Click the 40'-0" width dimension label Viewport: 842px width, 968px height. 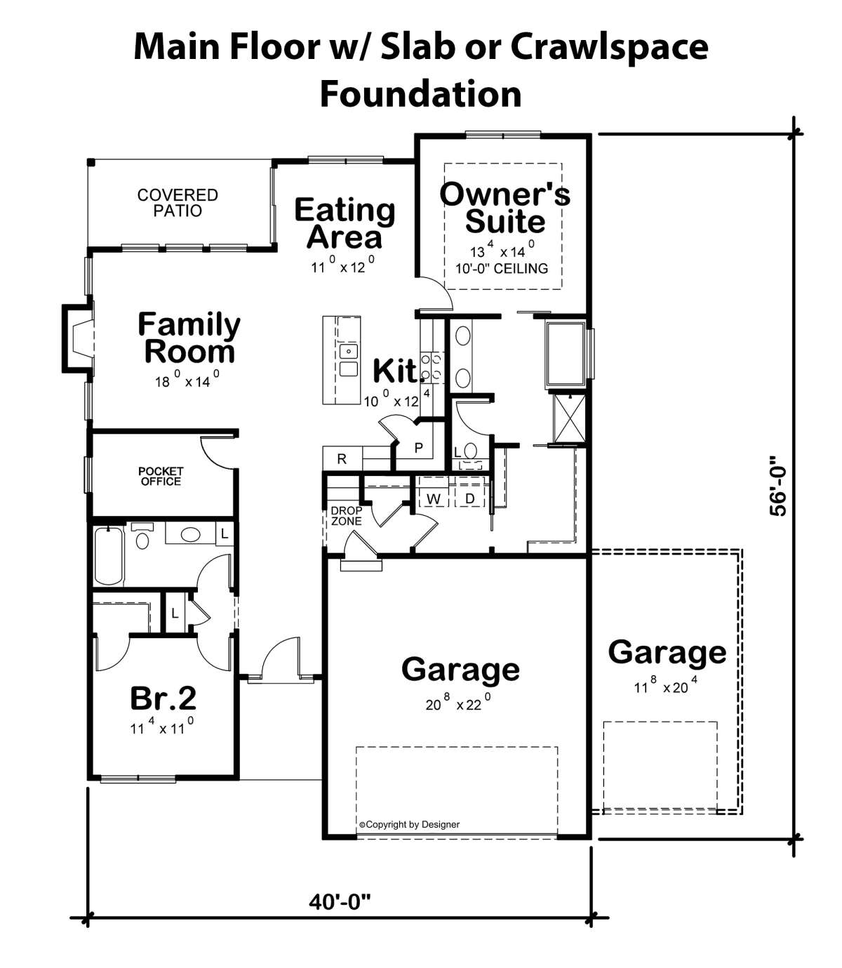(x=340, y=903)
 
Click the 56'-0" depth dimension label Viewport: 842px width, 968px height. (x=778, y=486)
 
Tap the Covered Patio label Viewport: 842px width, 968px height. (x=178, y=202)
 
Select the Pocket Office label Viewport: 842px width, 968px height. (x=160, y=477)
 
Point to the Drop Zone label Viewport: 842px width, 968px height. (x=346, y=516)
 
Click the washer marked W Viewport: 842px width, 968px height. (x=434, y=498)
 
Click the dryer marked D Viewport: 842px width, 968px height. (x=470, y=498)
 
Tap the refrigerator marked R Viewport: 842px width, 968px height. (x=342, y=458)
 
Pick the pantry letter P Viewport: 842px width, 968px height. (x=418, y=447)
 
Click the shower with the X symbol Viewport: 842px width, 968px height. (x=569, y=418)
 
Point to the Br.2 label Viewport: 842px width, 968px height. (x=163, y=698)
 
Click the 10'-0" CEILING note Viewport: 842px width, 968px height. (x=502, y=269)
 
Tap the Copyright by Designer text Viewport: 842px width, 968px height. (x=409, y=824)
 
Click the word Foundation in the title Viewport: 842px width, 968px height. (x=421, y=94)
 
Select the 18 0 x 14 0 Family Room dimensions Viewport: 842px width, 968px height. (x=187, y=380)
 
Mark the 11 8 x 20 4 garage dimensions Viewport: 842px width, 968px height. (x=666, y=685)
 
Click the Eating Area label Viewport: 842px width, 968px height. (x=345, y=223)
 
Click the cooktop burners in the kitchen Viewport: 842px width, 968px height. (x=432, y=367)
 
